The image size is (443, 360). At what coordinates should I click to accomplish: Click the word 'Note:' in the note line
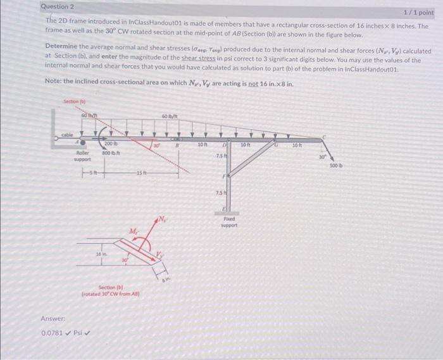tap(56, 82)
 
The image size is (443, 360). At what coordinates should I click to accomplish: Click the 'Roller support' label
tap(82, 155)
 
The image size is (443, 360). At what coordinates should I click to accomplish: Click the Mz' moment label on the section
tap(134, 232)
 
